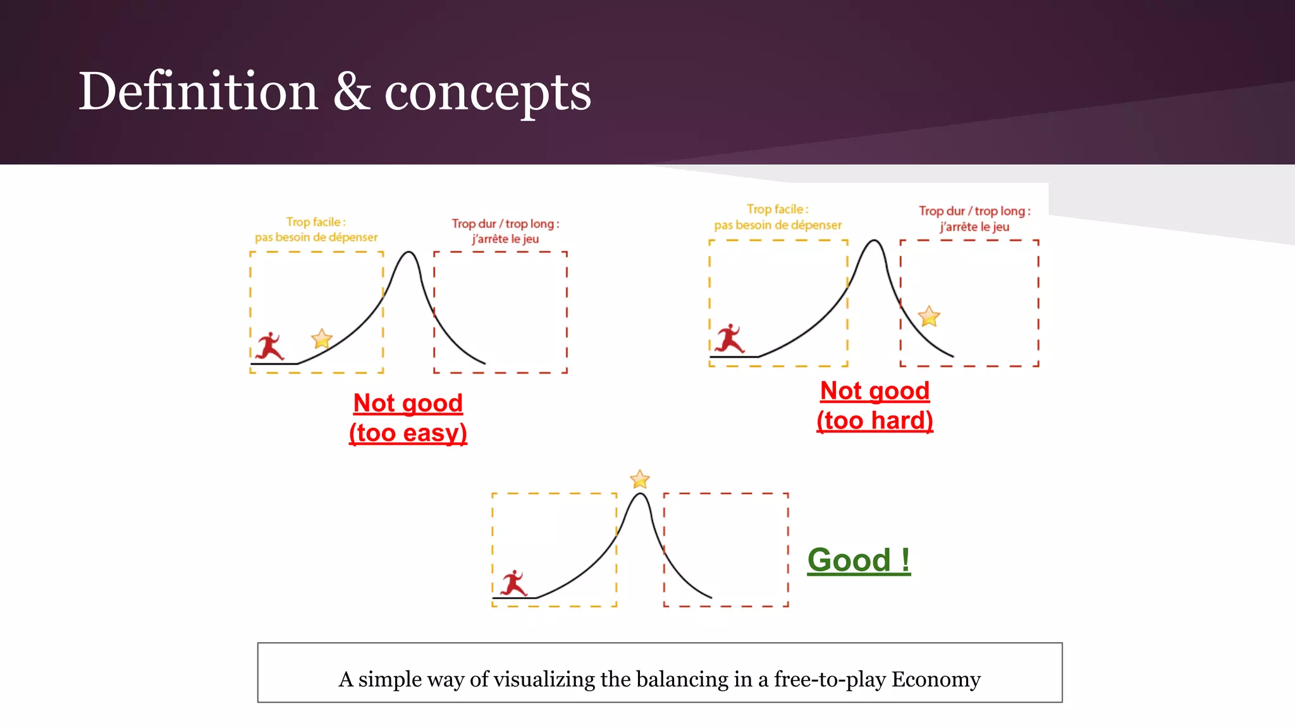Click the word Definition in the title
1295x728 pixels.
[197, 92]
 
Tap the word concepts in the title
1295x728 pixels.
[488, 92]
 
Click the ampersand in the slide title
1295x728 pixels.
[351, 92]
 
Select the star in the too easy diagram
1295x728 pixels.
[322, 339]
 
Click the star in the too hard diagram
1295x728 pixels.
[929, 316]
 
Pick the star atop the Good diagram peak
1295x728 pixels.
[640, 480]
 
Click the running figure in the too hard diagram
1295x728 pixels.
[730, 339]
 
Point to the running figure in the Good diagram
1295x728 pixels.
[513, 583]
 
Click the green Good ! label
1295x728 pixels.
[859, 561]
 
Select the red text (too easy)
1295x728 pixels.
[408, 434]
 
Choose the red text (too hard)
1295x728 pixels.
[875, 421]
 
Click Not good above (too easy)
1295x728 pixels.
[408, 403]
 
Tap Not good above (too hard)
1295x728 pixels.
[875, 391]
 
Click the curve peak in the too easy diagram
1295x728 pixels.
[409, 252]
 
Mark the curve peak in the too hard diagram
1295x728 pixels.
[875, 241]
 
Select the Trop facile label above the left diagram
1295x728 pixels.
[316, 222]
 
